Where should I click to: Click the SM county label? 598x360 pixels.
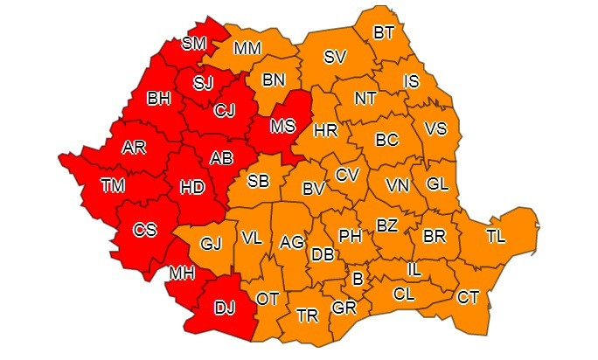click(x=194, y=43)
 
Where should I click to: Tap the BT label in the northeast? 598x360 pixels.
click(x=384, y=32)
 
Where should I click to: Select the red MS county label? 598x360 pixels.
click(x=282, y=126)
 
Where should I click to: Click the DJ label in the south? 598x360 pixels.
click(x=225, y=307)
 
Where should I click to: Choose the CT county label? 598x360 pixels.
click(x=468, y=298)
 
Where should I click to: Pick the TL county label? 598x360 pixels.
click(x=495, y=237)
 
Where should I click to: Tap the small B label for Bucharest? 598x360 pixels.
click(x=357, y=280)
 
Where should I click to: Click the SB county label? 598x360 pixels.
click(x=258, y=181)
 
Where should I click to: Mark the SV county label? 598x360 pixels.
click(x=335, y=57)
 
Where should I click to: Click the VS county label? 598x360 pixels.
click(x=435, y=128)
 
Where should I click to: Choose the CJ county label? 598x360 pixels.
click(x=225, y=110)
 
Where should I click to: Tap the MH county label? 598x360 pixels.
click(x=182, y=273)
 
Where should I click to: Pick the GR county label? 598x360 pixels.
click(x=343, y=308)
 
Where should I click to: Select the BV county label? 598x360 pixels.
click(x=314, y=188)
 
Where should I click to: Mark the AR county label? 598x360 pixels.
click(x=134, y=147)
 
